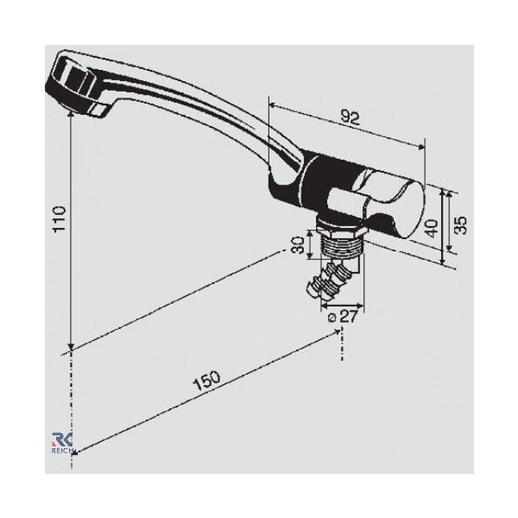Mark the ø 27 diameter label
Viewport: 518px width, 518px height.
[x=342, y=317]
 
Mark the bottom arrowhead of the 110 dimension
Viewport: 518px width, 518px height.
[x=71, y=347]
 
